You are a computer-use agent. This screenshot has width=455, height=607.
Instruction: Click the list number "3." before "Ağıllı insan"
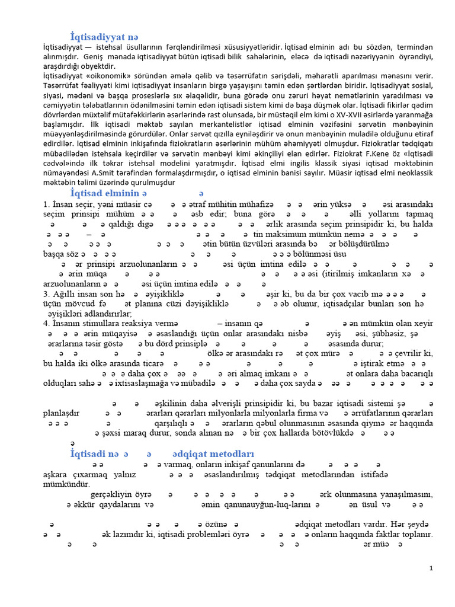click(47, 294)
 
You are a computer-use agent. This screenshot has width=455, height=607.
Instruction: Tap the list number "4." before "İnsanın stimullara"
click(47, 323)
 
